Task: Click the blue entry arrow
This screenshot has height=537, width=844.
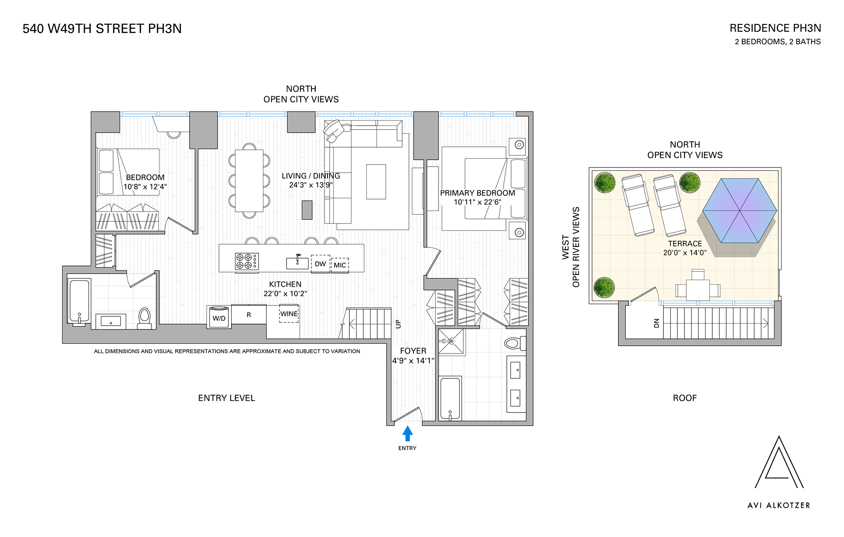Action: (x=407, y=433)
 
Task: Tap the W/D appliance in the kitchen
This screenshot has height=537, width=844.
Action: (x=219, y=318)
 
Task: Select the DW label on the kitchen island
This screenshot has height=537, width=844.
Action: (x=320, y=264)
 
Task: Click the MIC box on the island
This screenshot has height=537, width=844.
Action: (x=340, y=265)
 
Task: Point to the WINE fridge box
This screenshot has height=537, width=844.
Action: (x=289, y=314)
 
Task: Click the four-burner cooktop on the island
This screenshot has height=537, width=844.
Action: (x=247, y=261)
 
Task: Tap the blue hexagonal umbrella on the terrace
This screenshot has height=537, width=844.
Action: (x=739, y=210)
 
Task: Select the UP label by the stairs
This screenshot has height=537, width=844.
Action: (x=398, y=324)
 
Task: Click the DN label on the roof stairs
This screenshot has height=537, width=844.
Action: (x=656, y=323)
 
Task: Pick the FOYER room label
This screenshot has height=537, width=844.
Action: (x=413, y=351)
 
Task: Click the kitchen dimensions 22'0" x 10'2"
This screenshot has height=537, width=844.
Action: (x=285, y=294)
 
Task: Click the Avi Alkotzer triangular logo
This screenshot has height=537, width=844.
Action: (x=779, y=464)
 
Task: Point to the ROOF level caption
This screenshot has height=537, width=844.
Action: (x=684, y=398)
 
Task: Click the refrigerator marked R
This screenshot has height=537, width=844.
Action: (x=249, y=315)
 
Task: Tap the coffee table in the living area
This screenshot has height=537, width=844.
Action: (x=376, y=181)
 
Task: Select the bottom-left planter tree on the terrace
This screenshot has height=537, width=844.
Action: (x=604, y=288)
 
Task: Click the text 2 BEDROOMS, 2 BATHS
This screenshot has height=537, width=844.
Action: (x=777, y=42)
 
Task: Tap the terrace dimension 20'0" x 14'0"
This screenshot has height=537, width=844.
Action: (x=684, y=253)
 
